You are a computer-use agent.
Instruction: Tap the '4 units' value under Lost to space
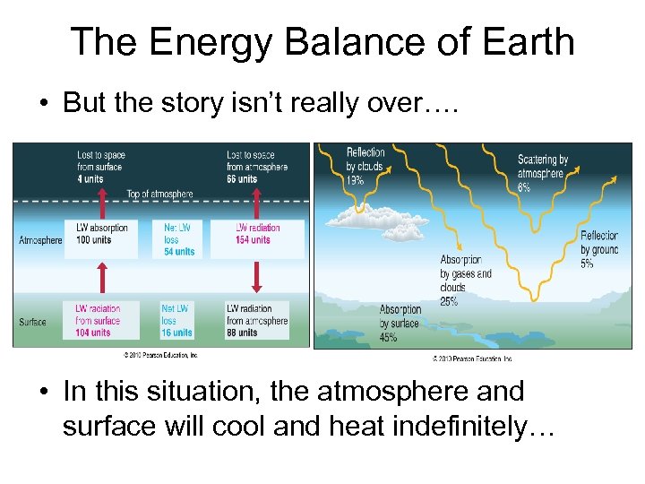click(x=90, y=178)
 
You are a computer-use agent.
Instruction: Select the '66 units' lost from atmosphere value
click(x=241, y=178)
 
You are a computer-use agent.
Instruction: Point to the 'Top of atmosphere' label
click(x=159, y=194)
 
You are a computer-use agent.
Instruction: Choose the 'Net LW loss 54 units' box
click(x=178, y=239)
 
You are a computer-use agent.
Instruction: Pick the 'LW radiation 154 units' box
click(x=256, y=234)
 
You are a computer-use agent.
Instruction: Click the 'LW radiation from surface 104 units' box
click(x=100, y=320)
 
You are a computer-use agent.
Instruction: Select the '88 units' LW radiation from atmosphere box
click(x=257, y=320)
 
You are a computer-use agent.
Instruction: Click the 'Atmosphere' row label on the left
click(x=40, y=240)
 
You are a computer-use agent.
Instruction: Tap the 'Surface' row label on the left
click(x=33, y=322)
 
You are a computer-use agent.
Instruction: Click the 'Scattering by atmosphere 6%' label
click(x=543, y=173)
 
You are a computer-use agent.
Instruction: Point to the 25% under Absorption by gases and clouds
click(x=449, y=301)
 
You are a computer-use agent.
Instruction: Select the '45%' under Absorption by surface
click(x=389, y=337)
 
